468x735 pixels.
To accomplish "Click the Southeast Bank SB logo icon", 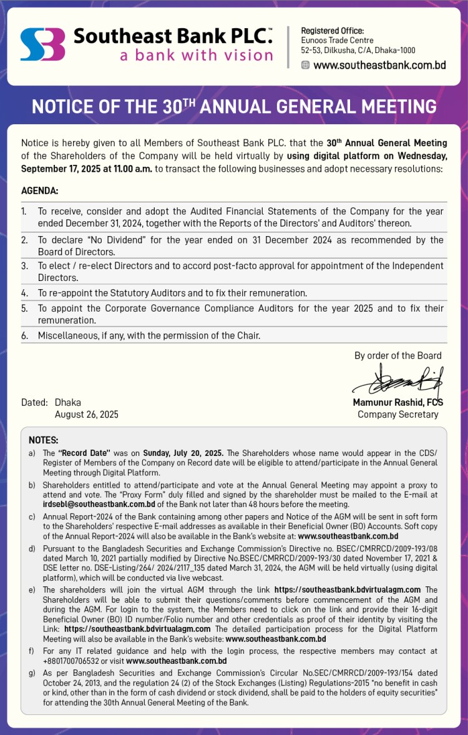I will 42,44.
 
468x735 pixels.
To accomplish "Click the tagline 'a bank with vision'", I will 196,55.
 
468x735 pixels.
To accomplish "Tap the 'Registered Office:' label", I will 332,31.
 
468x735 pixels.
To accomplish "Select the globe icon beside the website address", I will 305,65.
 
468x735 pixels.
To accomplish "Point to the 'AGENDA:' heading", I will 39,190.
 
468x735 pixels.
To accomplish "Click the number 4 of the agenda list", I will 24,292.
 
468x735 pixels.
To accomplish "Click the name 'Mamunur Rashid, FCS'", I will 397,403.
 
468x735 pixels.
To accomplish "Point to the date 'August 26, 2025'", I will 86,414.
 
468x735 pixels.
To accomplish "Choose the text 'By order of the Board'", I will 397,355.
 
